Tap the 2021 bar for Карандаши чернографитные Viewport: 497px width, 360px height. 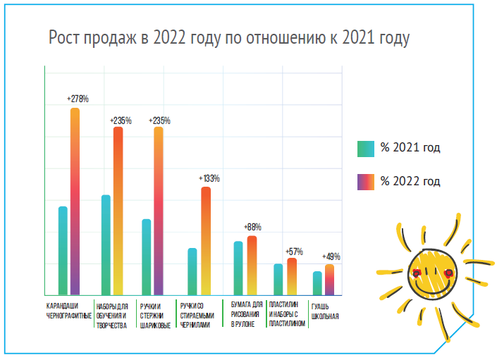point(63,250)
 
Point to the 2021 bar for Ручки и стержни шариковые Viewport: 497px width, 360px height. point(146,256)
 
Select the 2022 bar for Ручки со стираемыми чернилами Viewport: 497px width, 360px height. point(205,240)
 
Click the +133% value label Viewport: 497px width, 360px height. point(209,179)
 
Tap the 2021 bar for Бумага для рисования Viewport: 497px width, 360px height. point(238,268)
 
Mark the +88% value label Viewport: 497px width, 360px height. point(252,228)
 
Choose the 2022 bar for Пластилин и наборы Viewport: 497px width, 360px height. point(292,276)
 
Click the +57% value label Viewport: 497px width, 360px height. point(294,252)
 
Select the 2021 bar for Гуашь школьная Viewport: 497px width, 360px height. point(317,283)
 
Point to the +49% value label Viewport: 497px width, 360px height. point(331,256)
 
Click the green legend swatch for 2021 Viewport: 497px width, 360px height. point(365,148)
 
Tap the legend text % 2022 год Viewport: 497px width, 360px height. point(410,182)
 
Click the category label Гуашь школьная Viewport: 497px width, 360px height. point(325,311)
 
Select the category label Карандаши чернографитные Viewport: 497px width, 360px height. point(68,311)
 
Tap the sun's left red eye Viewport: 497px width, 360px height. point(416,272)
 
